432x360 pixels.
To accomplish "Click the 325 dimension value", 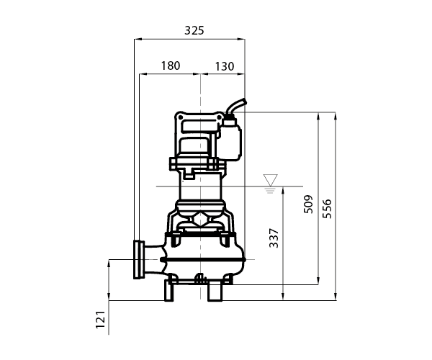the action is pyautogui.click(x=194, y=30).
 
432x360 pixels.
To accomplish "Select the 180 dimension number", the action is pyautogui.click(x=171, y=66).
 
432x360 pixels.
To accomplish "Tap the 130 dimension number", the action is pyautogui.click(x=224, y=66).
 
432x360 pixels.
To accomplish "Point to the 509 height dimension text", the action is pyautogui.click(x=308, y=204).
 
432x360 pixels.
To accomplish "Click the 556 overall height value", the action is pyautogui.click(x=327, y=209).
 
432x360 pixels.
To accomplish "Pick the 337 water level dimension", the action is pyautogui.click(x=274, y=238).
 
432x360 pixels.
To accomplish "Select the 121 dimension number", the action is pyautogui.click(x=101, y=320).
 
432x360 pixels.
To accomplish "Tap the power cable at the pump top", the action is pyautogui.click(x=236, y=106).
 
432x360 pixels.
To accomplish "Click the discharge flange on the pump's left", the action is pyautogui.click(x=139, y=259).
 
